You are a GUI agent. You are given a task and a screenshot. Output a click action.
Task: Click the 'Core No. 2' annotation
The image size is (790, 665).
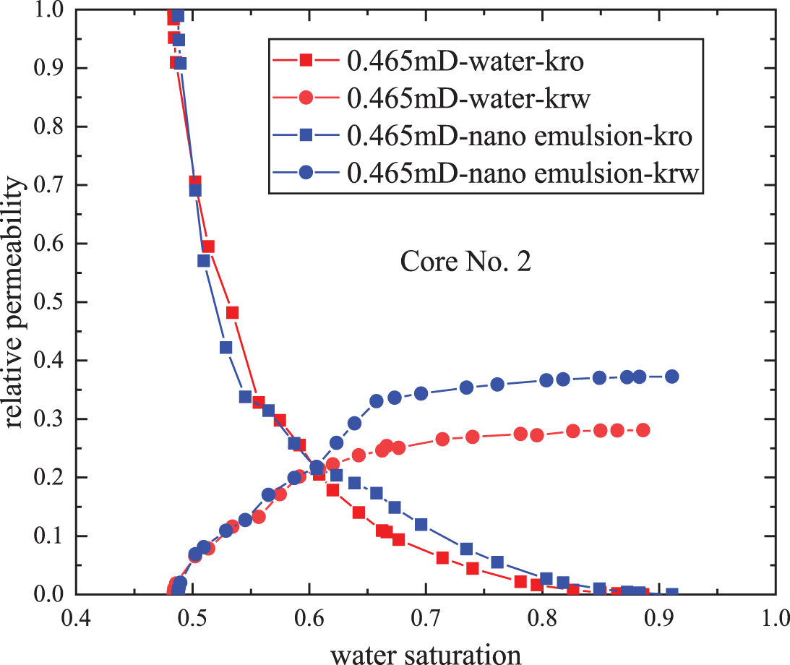point(465,262)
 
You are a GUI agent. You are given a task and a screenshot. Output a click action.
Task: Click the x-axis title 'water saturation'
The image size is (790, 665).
point(426,653)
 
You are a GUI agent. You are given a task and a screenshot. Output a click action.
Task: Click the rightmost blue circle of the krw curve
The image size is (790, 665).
point(671,376)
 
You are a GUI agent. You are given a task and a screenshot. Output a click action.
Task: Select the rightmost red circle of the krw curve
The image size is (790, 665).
point(643,430)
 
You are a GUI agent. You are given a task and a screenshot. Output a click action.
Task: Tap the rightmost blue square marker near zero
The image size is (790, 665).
point(671,593)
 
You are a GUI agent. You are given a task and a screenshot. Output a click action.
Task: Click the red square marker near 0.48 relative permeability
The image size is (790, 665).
point(232,312)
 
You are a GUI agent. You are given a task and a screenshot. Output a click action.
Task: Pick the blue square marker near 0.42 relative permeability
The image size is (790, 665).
point(226,347)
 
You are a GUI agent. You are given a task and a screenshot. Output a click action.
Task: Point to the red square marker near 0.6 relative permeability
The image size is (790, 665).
point(208,246)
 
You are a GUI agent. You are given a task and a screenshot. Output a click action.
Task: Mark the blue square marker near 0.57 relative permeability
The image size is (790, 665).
point(203,261)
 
